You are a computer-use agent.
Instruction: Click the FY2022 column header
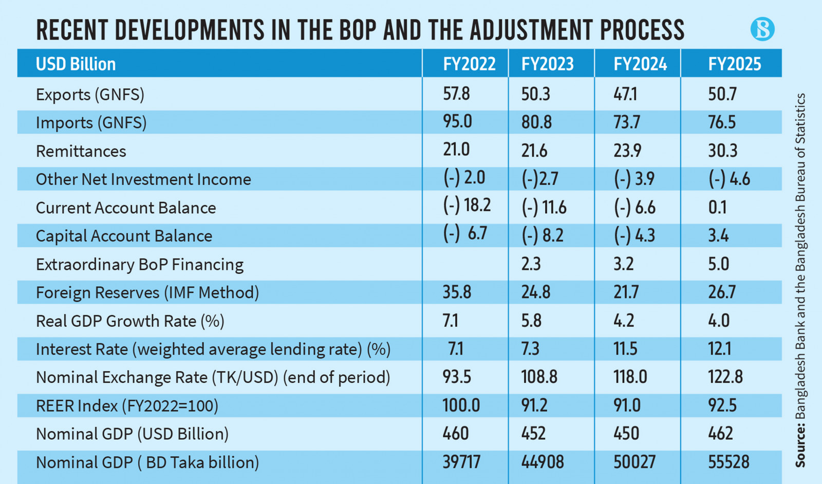[x=469, y=64]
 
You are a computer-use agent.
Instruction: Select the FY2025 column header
[x=735, y=64]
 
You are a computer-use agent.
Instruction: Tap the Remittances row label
[x=81, y=151]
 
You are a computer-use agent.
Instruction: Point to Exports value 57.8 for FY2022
[x=457, y=94]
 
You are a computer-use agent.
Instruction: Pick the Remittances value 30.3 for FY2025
[x=723, y=151]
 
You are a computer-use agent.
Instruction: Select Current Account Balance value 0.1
[x=717, y=207]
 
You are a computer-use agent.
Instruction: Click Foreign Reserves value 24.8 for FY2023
[x=536, y=292]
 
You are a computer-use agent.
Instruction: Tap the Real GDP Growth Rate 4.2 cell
[x=624, y=321]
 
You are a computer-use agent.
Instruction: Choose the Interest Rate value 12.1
[x=720, y=349]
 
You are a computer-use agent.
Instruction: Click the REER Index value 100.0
[x=461, y=405]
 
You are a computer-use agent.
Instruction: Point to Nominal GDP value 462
[x=720, y=434]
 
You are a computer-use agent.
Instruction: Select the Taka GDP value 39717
[x=461, y=462]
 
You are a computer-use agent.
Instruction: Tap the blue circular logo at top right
[x=762, y=29]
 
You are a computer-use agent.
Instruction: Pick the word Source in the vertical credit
[x=800, y=446]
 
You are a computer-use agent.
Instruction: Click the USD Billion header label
[x=76, y=64]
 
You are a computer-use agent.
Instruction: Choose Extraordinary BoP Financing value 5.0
[x=718, y=264]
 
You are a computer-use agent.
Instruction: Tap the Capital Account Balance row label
[x=124, y=236]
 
